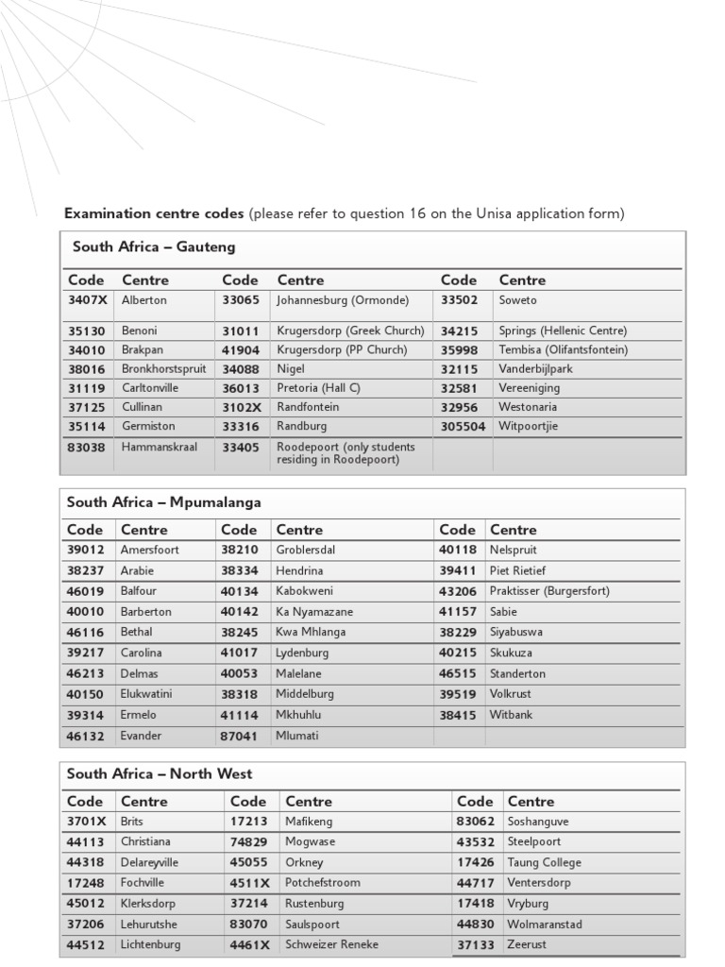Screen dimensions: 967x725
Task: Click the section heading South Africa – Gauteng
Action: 154,247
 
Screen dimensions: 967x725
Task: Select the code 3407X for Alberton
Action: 88,300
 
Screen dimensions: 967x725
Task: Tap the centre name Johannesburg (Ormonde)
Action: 343,300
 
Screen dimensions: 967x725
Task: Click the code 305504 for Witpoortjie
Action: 463,426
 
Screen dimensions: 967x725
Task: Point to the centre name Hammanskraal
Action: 160,447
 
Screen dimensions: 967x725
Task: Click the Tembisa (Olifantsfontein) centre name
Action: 563,349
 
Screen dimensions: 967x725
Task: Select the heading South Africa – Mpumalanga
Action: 163,502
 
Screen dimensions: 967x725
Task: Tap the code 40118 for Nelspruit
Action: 458,550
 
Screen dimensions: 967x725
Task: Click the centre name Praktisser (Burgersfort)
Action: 549,591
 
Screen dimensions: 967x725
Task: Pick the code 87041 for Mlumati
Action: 240,736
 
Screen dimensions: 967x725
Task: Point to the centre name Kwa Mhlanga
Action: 311,633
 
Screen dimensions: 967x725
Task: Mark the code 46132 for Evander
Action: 86,736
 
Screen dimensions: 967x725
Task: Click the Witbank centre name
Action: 511,715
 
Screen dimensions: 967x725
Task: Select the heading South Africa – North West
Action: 160,773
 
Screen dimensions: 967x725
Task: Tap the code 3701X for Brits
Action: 87,822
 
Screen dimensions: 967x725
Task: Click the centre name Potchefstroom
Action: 322,883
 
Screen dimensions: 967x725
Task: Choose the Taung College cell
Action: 544,862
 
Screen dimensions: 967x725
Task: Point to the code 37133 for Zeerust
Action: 476,944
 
